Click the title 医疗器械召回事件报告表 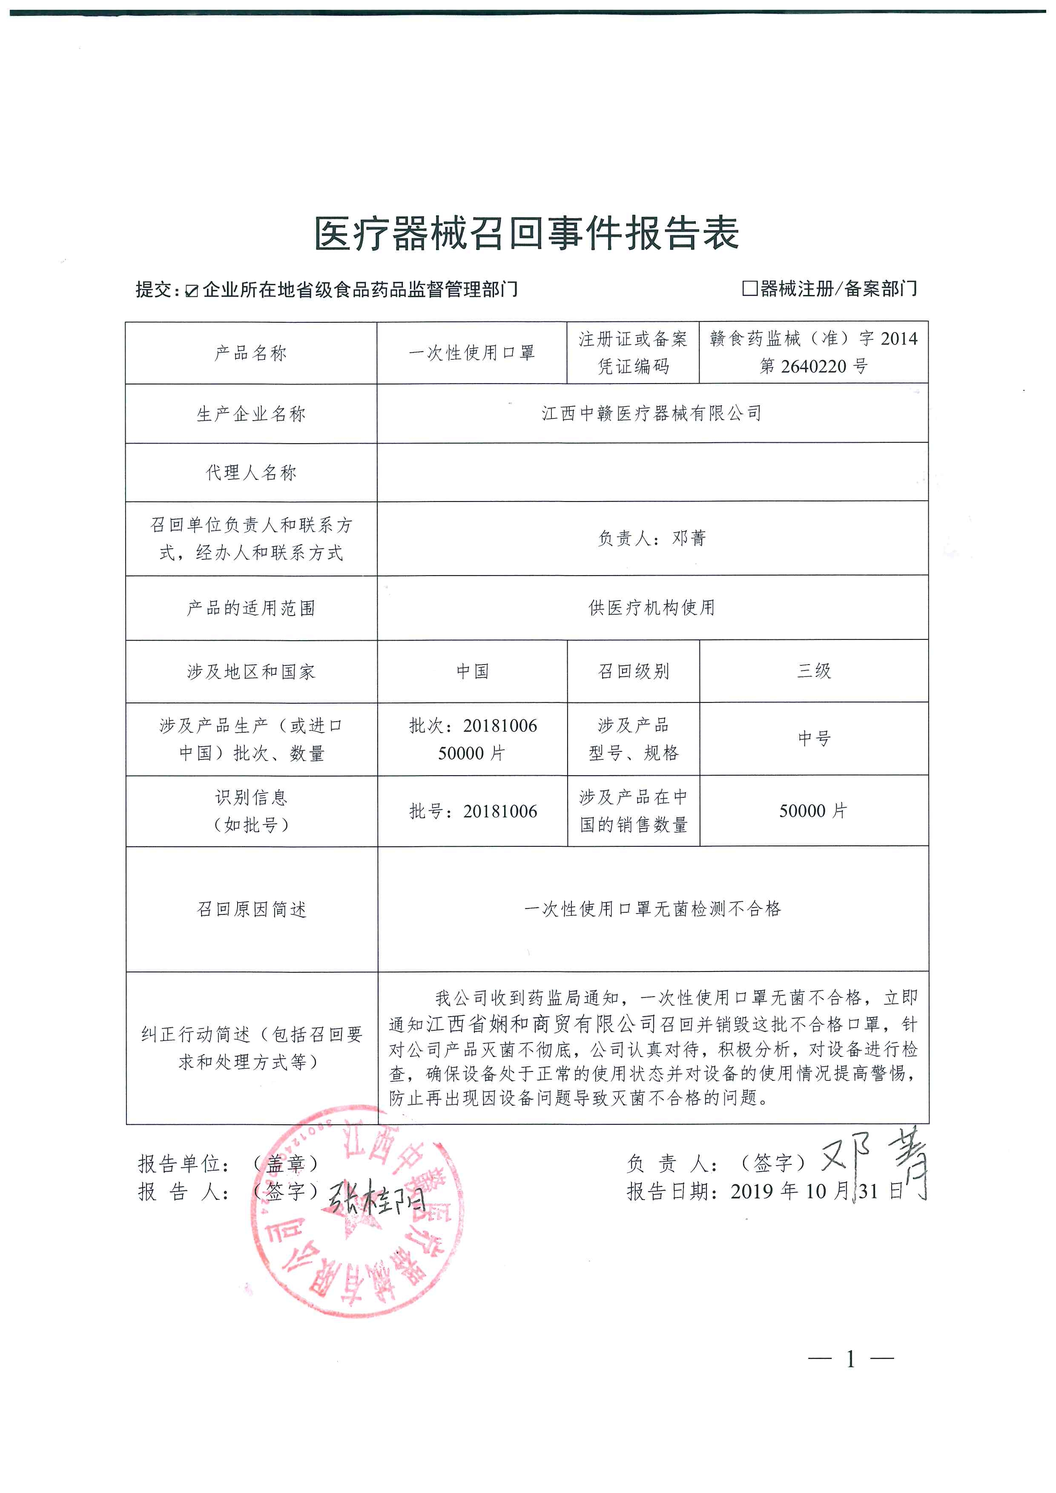point(527,233)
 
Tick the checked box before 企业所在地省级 point(191,291)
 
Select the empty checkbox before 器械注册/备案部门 point(750,288)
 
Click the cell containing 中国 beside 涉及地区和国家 point(472,671)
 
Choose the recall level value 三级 point(813,671)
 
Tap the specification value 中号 point(813,738)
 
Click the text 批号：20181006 point(473,811)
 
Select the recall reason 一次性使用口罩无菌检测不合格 point(652,908)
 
